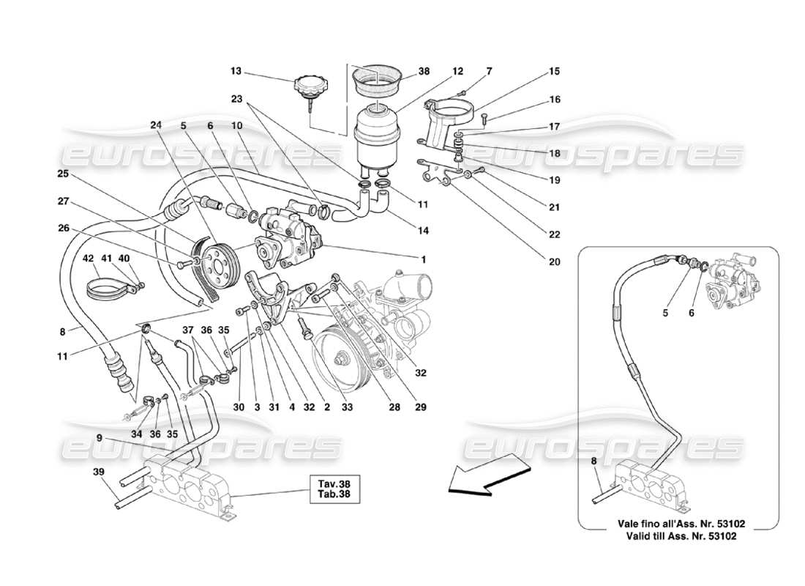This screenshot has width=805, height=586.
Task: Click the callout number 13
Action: [x=235, y=72]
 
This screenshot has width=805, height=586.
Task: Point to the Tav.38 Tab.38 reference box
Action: [x=333, y=489]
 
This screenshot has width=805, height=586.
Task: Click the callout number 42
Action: [x=88, y=259]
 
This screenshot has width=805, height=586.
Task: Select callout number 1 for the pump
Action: [x=423, y=259]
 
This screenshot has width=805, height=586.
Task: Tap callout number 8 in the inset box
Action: [x=594, y=462]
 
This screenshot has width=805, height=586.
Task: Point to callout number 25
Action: [x=63, y=174]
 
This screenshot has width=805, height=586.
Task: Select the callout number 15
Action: [x=554, y=72]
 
